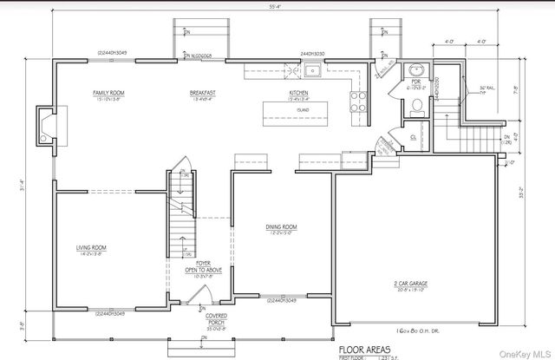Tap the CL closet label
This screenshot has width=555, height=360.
(x=413, y=137)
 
